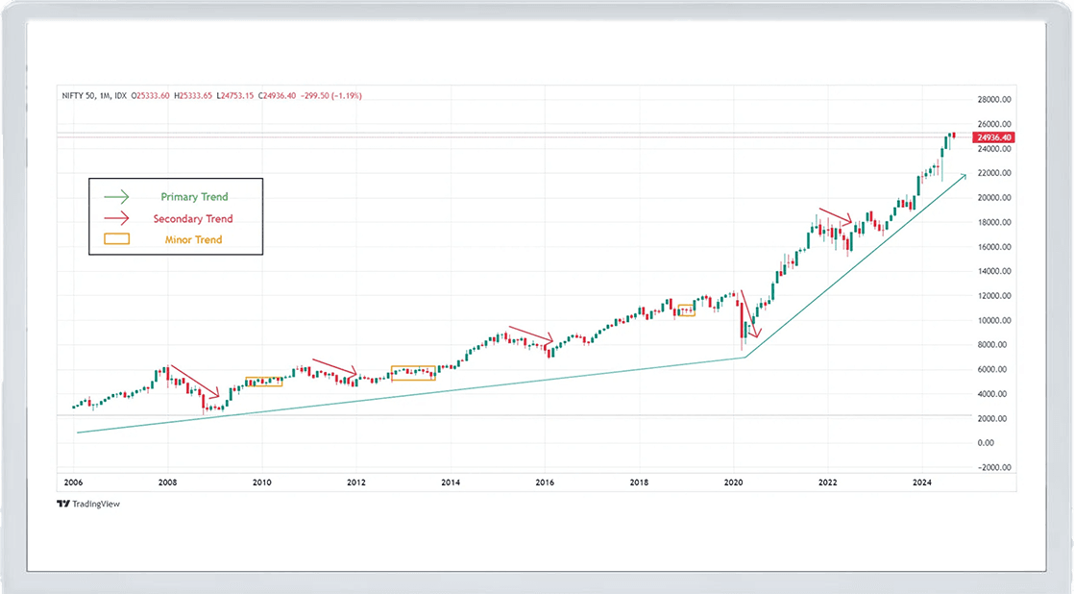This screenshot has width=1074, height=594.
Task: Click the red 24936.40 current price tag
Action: tap(993, 137)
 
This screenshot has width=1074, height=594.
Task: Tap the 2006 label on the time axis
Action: tap(73, 483)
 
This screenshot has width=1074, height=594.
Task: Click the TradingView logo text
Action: tap(89, 504)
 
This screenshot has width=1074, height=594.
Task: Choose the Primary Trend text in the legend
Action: tap(195, 197)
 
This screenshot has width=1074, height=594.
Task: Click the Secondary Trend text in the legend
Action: tap(193, 218)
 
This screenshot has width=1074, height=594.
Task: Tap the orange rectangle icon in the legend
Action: tap(115, 239)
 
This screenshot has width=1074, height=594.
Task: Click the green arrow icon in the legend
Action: tap(115, 197)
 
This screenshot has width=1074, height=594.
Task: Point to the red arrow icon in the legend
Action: tap(115, 218)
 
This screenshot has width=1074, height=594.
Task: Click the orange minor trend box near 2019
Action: tap(685, 310)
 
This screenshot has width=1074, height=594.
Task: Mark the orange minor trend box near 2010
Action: tap(264, 382)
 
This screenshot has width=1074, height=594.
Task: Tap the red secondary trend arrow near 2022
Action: tap(835, 216)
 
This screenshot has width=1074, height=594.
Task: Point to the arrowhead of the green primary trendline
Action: tap(963, 177)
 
